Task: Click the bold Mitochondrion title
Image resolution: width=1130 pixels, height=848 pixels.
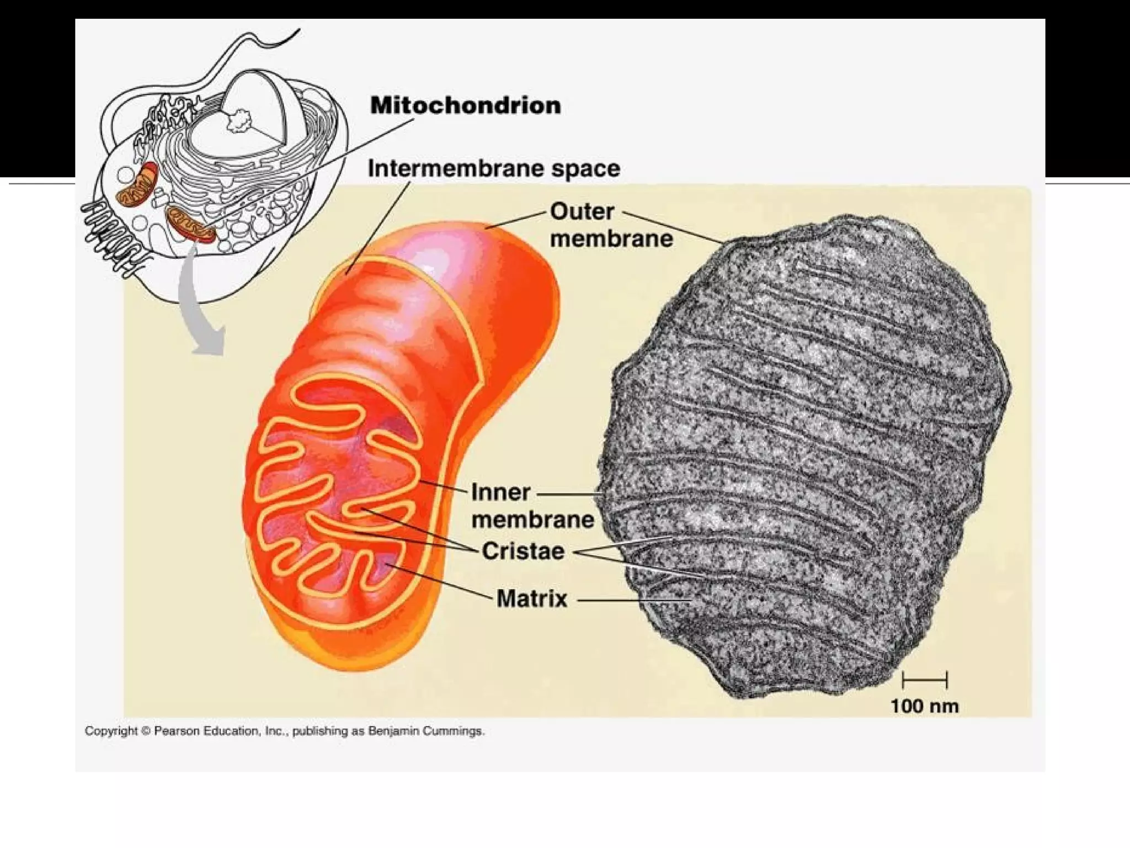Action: [465, 105]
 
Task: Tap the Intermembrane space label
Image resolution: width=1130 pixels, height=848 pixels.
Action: [494, 168]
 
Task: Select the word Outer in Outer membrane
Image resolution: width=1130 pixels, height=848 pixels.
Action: [582, 211]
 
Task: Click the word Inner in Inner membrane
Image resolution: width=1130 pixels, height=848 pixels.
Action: [500, 492]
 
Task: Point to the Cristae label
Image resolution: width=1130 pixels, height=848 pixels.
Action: [523, 551]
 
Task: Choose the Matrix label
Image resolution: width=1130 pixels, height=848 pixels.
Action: [532, 598]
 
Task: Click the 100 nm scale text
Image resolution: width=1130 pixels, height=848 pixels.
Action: [924, 706]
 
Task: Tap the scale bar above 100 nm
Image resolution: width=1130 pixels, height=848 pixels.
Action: [924, 680]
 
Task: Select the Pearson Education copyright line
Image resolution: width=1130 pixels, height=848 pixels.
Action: [284, 731]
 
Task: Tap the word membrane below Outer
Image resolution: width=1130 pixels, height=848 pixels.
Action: [611, 239]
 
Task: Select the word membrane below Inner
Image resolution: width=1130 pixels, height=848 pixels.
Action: [532, 520]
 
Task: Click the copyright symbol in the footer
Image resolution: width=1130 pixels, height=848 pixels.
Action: [146, 731]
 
